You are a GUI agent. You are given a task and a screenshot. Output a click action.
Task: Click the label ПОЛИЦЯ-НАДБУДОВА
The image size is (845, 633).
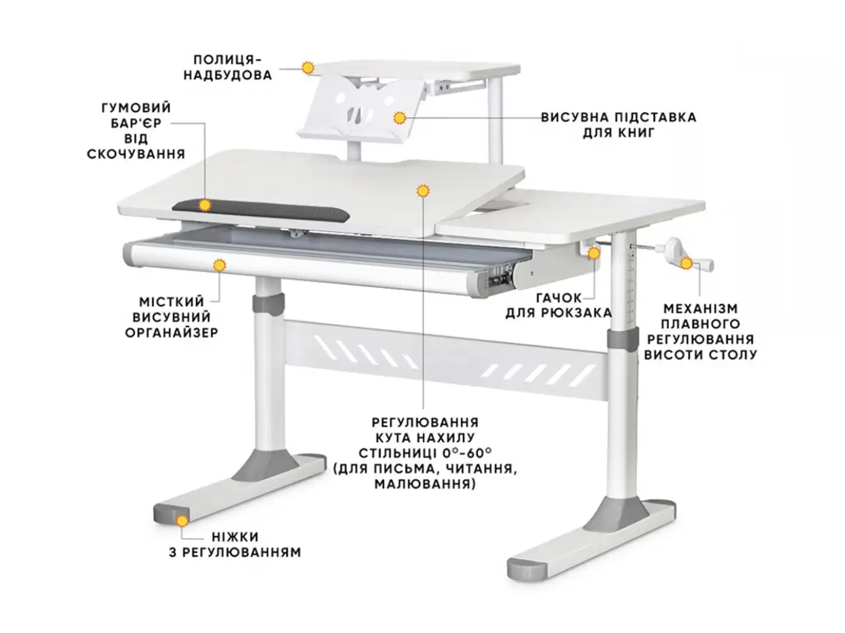228,68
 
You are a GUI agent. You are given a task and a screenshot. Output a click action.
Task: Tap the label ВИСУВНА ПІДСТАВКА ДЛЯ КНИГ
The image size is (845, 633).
618,125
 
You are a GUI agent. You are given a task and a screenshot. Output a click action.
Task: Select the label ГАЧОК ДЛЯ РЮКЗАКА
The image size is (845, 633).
558,305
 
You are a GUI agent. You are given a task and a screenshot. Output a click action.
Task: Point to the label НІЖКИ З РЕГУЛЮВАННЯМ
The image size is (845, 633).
235,544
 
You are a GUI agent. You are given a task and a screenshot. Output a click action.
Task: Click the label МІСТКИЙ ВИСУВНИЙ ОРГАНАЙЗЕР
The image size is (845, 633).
172,317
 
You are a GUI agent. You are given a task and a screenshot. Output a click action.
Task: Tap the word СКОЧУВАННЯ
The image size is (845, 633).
136,154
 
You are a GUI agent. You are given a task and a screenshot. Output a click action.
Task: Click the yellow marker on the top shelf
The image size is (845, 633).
307,68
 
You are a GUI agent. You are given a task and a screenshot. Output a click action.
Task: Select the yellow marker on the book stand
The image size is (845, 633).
400,118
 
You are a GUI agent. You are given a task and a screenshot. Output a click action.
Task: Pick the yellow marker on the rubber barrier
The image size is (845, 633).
205,205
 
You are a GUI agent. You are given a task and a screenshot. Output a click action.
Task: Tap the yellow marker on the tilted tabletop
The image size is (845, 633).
423,191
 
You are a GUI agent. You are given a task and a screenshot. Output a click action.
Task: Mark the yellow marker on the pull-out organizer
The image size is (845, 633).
219,265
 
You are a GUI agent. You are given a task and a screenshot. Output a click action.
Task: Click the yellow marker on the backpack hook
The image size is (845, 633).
594,253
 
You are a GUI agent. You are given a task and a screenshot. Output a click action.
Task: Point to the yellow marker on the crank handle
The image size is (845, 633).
686,263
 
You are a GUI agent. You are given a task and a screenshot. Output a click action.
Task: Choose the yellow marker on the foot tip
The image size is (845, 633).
182,521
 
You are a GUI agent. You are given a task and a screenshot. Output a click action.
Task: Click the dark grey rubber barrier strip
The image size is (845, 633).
261,210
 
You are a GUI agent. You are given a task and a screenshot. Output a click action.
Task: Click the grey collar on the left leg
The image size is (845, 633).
268,305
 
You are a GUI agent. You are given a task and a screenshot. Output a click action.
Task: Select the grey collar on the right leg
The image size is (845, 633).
622,339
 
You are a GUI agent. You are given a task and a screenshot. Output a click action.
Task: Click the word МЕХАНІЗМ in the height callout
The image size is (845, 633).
700,309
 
